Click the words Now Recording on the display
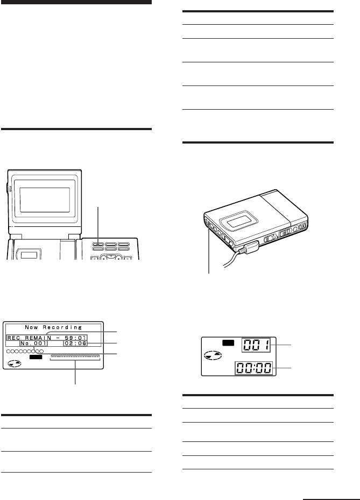point(52,327)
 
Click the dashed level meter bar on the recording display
point(75,357)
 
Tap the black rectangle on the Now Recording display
point(36,356)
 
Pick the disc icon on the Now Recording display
point(15,363)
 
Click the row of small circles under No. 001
point(25,351)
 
